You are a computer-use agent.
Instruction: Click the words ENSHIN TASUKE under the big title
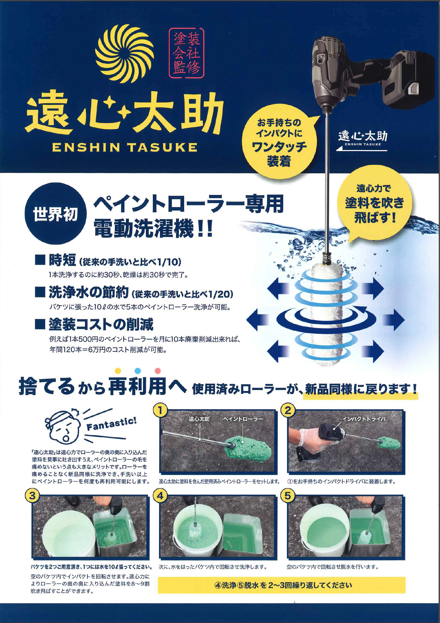124,148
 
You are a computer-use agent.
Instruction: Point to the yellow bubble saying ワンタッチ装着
279,142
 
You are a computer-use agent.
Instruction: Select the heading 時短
62,260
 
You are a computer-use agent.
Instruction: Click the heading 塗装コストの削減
101,324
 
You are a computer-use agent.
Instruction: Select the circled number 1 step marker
160,411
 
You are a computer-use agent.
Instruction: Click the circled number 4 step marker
160,496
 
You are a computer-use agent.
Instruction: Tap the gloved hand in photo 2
307,438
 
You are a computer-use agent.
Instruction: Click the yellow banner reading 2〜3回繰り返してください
281,585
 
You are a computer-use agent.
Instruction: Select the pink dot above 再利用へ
157,371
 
